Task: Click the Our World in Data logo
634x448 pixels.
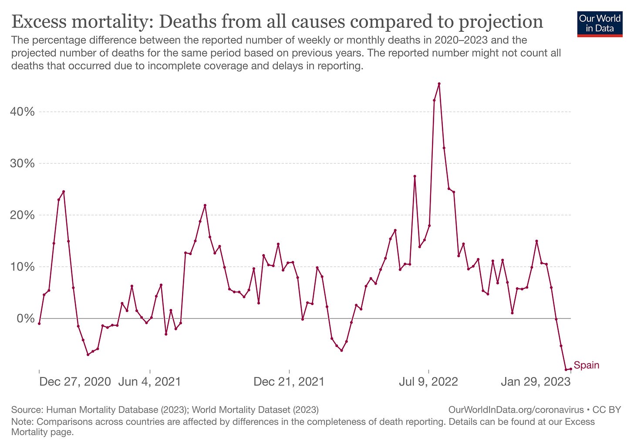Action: coord(600,24)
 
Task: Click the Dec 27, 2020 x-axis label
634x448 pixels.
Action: coord(75,382)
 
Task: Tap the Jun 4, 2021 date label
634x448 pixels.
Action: coord(149,382)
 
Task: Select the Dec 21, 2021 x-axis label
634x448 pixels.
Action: coord(289,382)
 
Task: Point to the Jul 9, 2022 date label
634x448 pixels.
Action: coord(428,382)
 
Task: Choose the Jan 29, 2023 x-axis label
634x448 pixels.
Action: coord(536,382)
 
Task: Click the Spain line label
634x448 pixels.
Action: coord(586,365)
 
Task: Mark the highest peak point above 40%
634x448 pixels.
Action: coord(439,84)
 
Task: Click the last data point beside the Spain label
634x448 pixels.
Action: coord(571,369)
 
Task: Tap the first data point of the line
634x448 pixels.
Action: coord(39,323)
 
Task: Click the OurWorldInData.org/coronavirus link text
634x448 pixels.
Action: coord(516,410)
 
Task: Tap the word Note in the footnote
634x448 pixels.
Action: coord(22,422)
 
